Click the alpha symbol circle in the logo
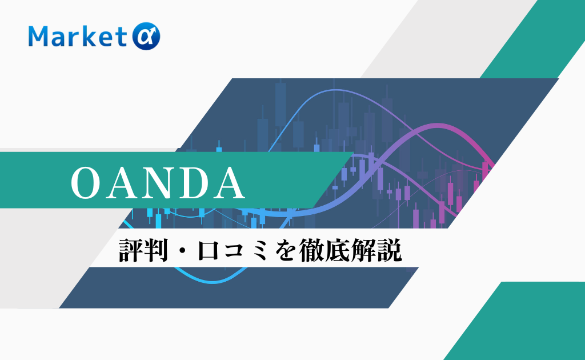(x=146, y=36)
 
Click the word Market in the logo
(x=78, y=36)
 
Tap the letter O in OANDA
(x=87, y=183)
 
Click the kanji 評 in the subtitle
(x=131, y=250)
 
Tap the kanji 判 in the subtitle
(x=155, y=250)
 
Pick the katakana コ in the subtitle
(x=233, y=251)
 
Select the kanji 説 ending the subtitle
(x=390, y=250)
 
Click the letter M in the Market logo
(x=39, y=37)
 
